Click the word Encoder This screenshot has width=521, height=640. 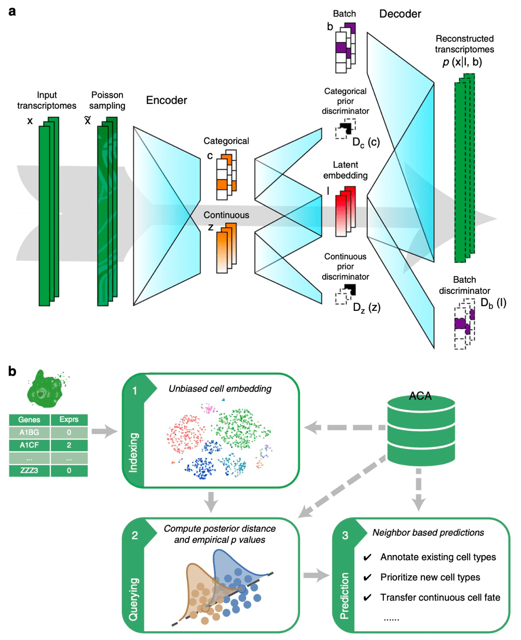pyautogui.click(x=166, y=100)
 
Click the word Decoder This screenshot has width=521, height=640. pyautogui.click(x=400, y=14)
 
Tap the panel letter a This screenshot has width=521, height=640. pyautogui.click(x=12, y=11)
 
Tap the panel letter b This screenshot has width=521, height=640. pyautogui.click(x=12, y=371)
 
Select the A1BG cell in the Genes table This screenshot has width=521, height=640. pyautogui.click(x=29, y=432)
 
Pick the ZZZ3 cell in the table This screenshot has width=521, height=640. pyautogui.click(x=29, y=471)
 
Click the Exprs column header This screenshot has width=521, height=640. pyautogui.click(x=68, y=419)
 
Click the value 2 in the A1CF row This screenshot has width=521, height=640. pyautogui.click(x=68, y=445)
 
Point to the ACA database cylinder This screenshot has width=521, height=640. pyautogui.click(x=420, y=428)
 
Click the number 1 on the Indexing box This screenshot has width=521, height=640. pyautogui.click(x=134, y=391)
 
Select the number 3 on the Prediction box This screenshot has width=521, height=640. pyautogui.click(x=345, y=535)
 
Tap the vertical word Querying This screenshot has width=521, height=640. pyautogui.click(x=133, y=599)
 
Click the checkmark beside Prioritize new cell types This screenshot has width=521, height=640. pyautogui.click(x=367, y=578)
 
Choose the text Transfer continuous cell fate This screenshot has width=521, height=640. pyautogui.click(x=440, y=597)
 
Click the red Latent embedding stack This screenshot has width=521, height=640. pyautogui.click(x=345, y=212)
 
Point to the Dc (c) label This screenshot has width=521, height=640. pyautogui.click(x=366, y=142)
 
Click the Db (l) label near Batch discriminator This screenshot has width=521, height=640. pyautogui.click(x=492, y=303)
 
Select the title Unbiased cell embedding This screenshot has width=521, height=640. pyautogui.click(x=220, y=389)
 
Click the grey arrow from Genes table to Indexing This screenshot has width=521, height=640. pyautogui.click(x=105, y=431)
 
